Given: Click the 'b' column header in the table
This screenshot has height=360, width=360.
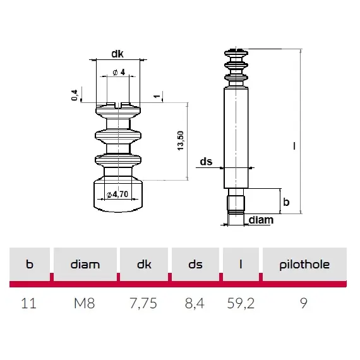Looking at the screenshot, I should pyautogui.click(x=29, y=265).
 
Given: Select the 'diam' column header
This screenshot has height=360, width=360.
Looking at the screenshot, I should pyautogui.click(x=85, y=265).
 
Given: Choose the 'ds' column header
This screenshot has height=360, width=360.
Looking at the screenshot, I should pyautogui.click(x=195, y=265).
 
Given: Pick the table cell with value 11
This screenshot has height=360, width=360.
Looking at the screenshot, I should pyautogui.click(x=29, y=303).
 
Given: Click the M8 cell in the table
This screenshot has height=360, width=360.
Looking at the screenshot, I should pyautogui.click(x=85, y=303).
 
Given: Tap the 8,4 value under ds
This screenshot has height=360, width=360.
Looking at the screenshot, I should pyautogui.click(x=195, y=303).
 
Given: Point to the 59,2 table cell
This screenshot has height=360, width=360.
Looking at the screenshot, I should pyautogui.click(x=241, y=303).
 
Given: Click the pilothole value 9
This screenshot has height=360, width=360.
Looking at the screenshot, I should pyautogui.click(x=304, y=303).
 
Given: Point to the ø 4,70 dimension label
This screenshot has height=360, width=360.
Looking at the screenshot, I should pyautogui.click(x=118, y=194).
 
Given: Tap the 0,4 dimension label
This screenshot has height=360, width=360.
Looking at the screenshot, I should pyautogui.click(x=75, y=95).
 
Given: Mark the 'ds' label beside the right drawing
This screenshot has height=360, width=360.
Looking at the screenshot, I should pyautogui.click(x=206, y=162).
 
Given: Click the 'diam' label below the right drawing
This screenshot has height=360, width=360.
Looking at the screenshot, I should pyautogui.click(x=261, y=220).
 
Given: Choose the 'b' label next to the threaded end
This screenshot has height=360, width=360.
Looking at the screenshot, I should pyautogui.click(x=286, y=202).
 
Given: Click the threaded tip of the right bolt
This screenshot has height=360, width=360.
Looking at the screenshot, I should pyautogui.click(x=236, y=205).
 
